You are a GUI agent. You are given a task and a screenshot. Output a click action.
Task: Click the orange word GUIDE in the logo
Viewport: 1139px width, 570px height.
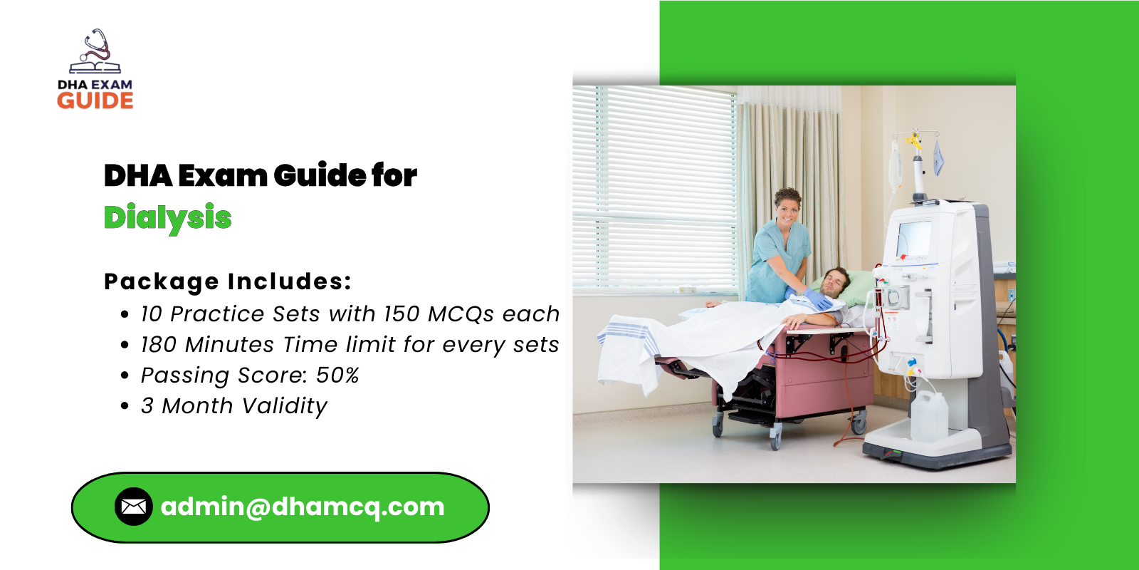click(x=95, y=101)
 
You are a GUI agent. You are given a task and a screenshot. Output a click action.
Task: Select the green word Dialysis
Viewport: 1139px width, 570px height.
click(x=168, y=218)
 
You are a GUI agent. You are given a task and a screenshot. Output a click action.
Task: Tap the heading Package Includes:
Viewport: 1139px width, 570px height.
click(x=228, y=281)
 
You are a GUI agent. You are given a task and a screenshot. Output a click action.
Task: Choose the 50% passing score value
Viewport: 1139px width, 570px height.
click(x=337, y=375)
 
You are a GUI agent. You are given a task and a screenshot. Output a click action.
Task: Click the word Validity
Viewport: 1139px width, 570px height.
click(x=284, y=406)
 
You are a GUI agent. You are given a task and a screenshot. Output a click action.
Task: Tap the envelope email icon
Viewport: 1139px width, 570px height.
click(x=133, y=507)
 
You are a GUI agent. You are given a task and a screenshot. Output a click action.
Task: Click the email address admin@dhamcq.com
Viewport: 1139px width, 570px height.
click(x=303, y=507)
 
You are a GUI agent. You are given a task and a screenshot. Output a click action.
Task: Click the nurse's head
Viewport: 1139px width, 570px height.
click(x=787, y=205)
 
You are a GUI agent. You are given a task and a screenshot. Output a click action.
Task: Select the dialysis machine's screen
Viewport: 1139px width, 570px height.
click(x=914, y=239)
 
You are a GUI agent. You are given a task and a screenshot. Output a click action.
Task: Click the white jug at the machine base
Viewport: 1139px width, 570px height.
click(x=929, y=415)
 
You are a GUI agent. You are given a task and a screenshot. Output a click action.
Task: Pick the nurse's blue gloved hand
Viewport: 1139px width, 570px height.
click(x=821, y=301)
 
